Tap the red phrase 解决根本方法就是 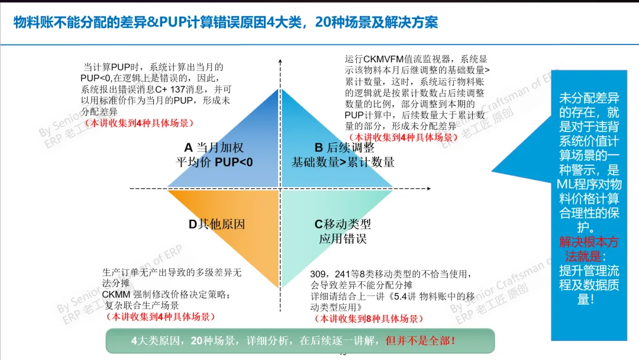click(x=588, y=249)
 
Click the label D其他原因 click(x=217, y=224)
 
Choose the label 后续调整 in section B click(x=355, y=147)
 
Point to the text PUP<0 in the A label click(x=234, y=162)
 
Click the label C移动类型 click(x=343, y=224)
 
